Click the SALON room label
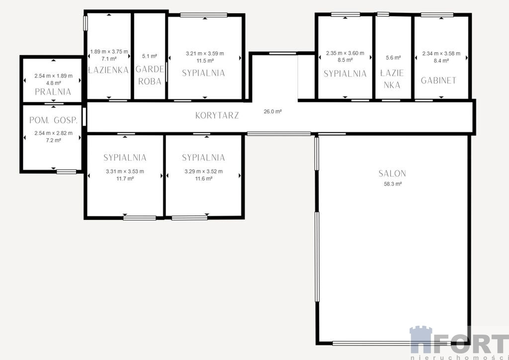[x=392, y=174]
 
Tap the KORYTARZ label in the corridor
[x=217, y=115]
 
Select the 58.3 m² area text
[x=393, y=184]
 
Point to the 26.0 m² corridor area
[x=273, y=111]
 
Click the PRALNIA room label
[x=53, y=92]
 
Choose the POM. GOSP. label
[x=54, y=120]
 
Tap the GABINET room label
[x=438, y=81]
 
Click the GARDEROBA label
[x=150, y=75]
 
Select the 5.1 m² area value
[x=150, y=56]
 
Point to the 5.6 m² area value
[x=393, y=58]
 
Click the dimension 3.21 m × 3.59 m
[x=205, y=54]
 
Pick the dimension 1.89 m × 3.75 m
[x=109, y=52]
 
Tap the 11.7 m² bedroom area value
[x=125, y=179]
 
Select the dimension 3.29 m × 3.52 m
[x=203, y=172]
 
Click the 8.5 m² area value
[x=345, y=60]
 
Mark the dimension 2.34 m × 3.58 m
[x=441, y=54]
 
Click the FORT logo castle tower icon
[x=421, y=340]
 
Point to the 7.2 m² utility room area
[x=54, y=140]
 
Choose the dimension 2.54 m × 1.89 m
[x=54, y=76]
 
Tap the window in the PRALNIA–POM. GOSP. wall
[x=54, y=103]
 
